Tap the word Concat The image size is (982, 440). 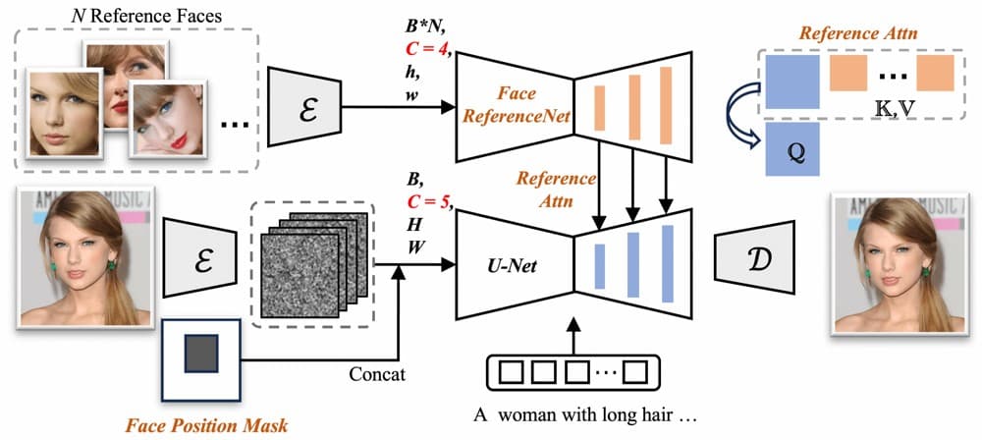coord(377,374)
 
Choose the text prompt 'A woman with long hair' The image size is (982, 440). coord(585,415)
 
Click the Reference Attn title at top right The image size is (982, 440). coord(856,32)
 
